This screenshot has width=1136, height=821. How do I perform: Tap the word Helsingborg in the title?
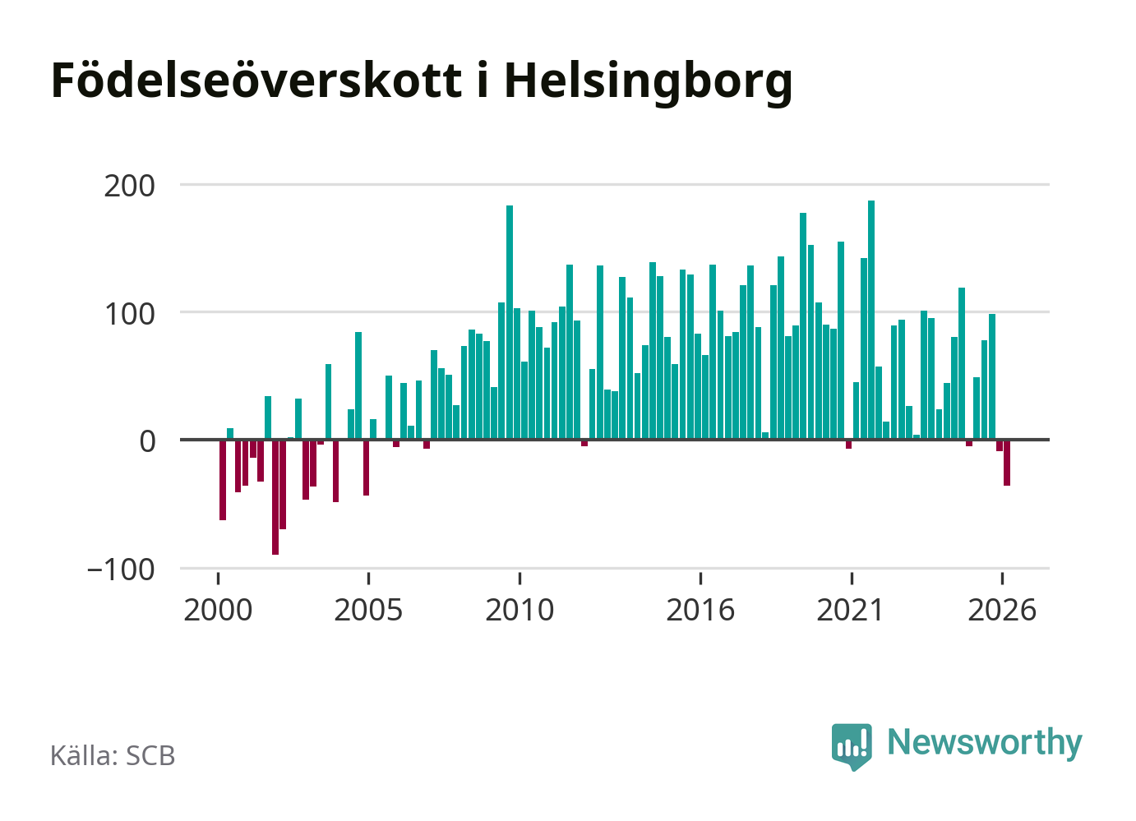648,83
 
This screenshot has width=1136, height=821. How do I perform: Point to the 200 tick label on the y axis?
129,186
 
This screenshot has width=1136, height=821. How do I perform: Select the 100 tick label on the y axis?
129,314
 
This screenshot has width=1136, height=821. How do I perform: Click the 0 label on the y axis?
147,441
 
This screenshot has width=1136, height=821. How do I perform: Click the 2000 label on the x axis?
218,610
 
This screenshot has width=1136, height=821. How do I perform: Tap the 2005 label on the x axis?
368,610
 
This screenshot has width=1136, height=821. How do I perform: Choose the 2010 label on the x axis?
520,610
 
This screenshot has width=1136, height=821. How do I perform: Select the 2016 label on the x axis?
700,610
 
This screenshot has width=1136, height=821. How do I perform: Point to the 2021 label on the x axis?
851,610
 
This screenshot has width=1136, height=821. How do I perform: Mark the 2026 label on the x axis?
1002,610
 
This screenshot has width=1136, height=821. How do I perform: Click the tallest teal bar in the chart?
871,320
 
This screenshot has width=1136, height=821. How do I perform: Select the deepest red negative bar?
275,497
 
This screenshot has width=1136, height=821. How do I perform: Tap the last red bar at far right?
1007,463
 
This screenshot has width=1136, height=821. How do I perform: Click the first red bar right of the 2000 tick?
223,480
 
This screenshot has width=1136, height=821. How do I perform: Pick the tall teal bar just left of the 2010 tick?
510,322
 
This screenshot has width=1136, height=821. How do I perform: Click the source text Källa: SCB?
113,755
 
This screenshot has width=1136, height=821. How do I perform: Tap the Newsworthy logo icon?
852,746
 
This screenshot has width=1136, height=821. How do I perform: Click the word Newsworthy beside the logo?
985,743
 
